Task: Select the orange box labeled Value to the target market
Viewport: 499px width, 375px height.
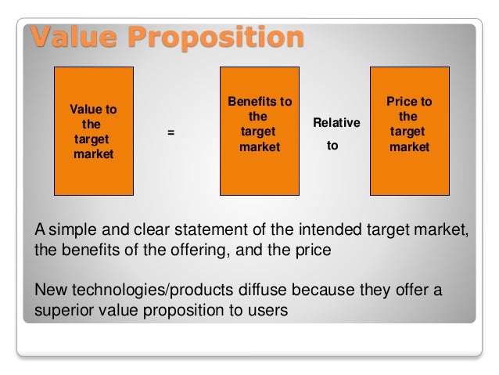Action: click(92, 131)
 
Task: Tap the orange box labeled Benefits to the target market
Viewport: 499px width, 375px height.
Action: click(259, 131)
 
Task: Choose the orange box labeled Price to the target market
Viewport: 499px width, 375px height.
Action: click(408, 131)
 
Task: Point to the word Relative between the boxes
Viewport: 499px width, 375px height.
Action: click(336, 123)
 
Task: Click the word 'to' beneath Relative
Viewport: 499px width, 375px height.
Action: click(332, 146)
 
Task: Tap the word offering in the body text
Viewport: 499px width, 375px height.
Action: click(202, 250)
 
